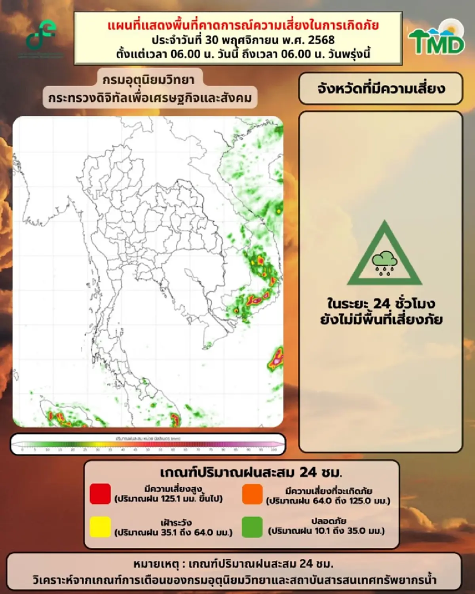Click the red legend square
point(100,494)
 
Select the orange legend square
point(252,494)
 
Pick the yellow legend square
point(100,527)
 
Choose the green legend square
point(252,527)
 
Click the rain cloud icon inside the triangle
point(384,261)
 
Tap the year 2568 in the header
point(321,40)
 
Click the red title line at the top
point(243,25)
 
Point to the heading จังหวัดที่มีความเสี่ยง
point(381,88)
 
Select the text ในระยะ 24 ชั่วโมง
point(381,304)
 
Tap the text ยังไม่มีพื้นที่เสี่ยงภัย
point(381,319)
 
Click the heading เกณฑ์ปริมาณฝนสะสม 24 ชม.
point(251,472)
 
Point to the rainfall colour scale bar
point(148,445)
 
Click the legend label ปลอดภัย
point(329,521)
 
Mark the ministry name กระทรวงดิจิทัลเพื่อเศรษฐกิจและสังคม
point(150,98)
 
